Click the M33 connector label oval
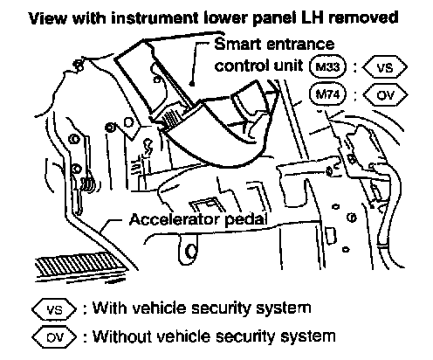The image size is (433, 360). tap(328, 66)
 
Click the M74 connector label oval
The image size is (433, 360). tap(328, 94)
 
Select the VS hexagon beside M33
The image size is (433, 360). tap(385, 67)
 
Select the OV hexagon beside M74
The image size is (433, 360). tap(385, 95)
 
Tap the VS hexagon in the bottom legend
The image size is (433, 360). tap(54, 309)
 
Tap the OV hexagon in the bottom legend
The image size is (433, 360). tap(54, 337)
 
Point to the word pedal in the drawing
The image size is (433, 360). tap(246, 220)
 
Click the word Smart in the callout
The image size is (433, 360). tap(237, 45)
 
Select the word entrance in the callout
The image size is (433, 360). tap(299, 45)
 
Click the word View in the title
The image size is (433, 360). tap(48, 17)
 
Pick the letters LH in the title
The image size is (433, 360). tap(313, 17)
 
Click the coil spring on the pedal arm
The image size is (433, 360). tap(89, 185)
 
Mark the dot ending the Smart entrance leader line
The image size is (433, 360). tap(191, 84)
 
